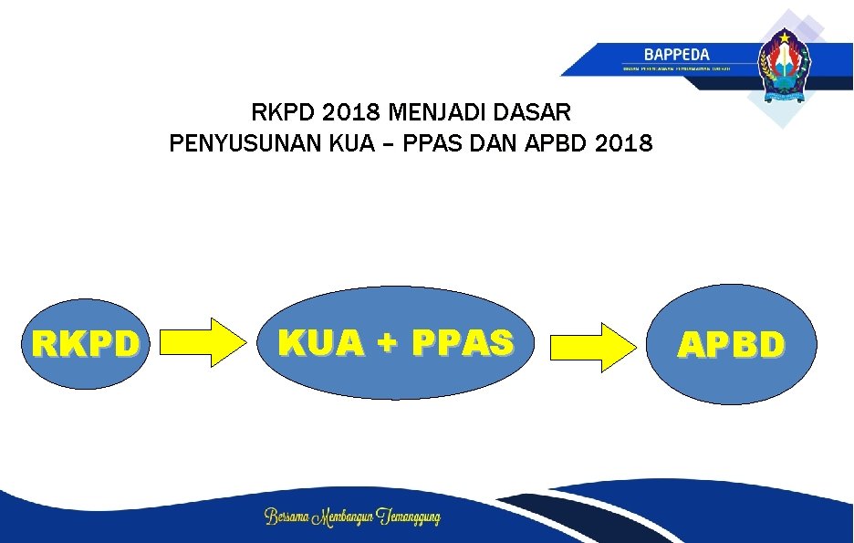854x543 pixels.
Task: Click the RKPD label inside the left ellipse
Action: click(x=87, y=344)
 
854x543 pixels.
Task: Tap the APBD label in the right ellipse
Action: click(x=731, y=345)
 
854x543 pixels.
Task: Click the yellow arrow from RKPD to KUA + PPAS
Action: click(x=204, y=342)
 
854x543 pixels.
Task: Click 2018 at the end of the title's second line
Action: click(x=627, y=143)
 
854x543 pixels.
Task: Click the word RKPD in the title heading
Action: click(x=281, y=113)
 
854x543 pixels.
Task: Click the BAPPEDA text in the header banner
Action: click(x=676, y=55)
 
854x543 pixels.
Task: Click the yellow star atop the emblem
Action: click(x=784, y=37)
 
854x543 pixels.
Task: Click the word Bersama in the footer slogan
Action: click(x=286, y=517)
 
